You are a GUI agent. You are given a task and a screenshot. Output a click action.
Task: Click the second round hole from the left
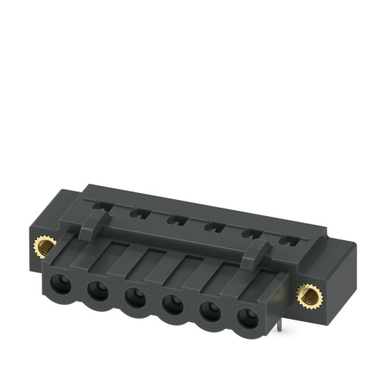tap(97, 292)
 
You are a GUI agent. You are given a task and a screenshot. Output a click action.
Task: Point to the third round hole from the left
tap(134, 298)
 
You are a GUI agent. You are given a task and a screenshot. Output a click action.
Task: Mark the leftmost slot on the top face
tap(103, 204)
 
